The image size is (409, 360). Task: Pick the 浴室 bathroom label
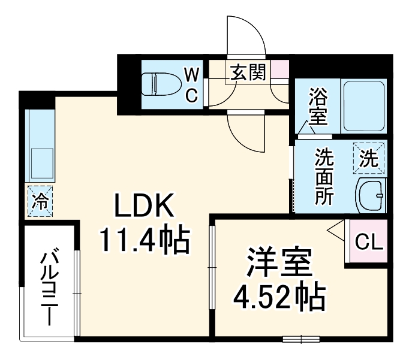[x=318, y=107]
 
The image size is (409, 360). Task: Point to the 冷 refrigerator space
[x=40, y=201]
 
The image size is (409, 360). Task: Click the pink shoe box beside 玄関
[x=279, y=70]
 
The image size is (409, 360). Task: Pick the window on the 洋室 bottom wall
[x=300, y=338]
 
